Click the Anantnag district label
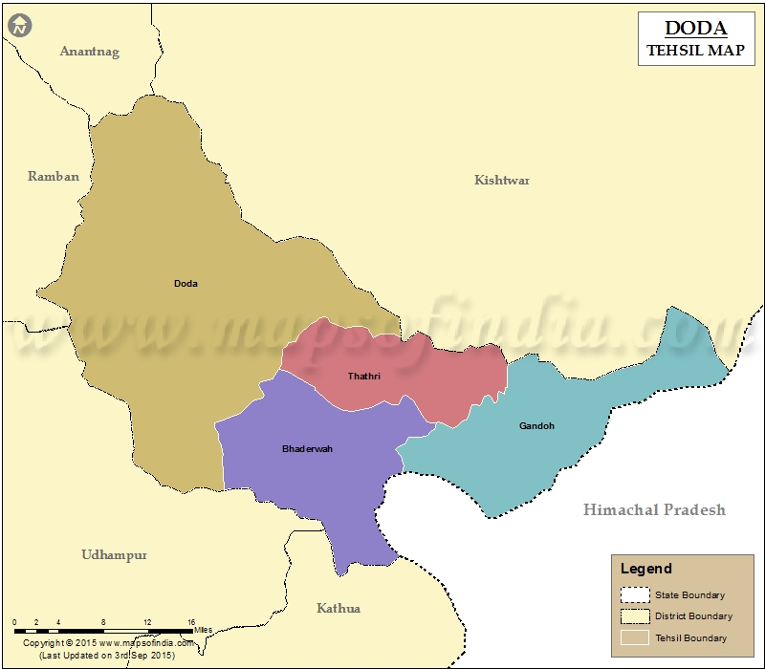coord(90,52)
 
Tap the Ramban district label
coord(54,176)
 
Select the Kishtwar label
coord(502,180)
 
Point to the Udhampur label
coord(114,554)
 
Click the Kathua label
coord(339,608)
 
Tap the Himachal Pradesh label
coord(654,509)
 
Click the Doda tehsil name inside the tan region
coord(186,283)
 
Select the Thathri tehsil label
coord(364,376)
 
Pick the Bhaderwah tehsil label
coord(307,448)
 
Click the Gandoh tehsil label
coord(536,425)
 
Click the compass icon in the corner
coord(20,26)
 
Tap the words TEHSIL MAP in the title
coord(694,51)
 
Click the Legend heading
coord(646,569)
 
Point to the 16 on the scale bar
coord(191,622)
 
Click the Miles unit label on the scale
coord(203,630)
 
